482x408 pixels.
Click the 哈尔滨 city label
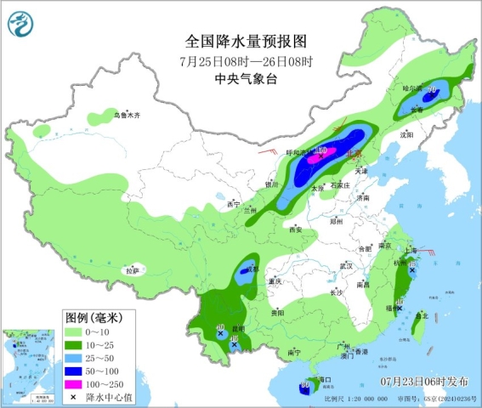pos(411,88)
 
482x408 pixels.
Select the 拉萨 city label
pos(131,270)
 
